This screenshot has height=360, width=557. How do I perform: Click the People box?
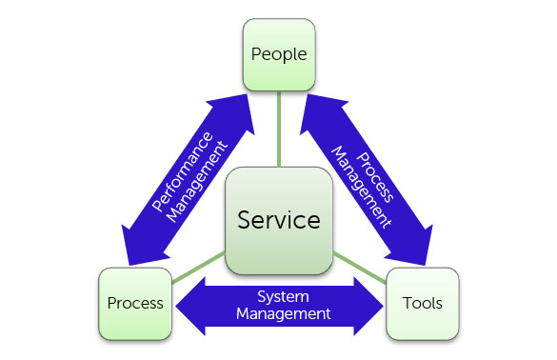coord(279,54)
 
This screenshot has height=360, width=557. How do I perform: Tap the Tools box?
coord(422,305)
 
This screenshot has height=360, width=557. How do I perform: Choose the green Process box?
coord(134,305)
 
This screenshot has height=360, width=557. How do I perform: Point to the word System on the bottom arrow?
coord(283,295)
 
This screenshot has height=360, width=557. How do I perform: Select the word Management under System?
coord(283,312)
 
